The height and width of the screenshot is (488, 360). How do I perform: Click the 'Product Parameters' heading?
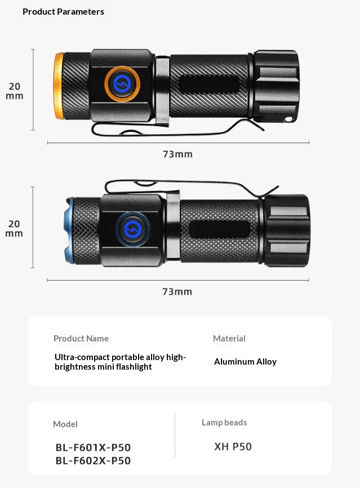pyautogui.click(x=63, y=12)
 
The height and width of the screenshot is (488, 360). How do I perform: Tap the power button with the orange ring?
pyautogui.click(x=122, y=84)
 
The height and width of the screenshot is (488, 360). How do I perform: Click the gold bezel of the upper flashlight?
pyautogui.click(x=59, y=86)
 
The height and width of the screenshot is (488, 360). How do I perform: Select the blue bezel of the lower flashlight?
pyautogui.click(x=69, y=230)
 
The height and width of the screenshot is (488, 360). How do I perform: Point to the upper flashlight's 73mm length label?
pyautogui.click(x=177, y=154)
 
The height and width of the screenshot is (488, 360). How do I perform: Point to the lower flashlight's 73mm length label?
pyautogui.click(x=177, y=292)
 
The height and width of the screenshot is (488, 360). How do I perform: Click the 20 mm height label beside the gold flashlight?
pyautogui.click(x=15, y=91)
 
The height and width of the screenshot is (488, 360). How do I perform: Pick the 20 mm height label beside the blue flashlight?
pyautogui.click(x=14, y=228)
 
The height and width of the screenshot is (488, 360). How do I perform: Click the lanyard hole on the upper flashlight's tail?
pyautogui.click(x=289, y=119)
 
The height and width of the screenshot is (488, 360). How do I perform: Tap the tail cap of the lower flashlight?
pyautogui.click(x=287, y=230)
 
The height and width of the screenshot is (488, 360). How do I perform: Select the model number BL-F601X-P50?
pyautogui.click(x=93, y=447)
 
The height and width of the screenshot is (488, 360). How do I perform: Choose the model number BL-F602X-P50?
pyautogui.click(x=93, y=460)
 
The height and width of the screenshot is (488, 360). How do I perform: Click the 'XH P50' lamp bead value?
pyautogui.click(x=233, y=447)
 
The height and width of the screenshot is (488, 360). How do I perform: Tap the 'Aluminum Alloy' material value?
pyautogui.click(x=245, y=362)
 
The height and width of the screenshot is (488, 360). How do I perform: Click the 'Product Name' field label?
pyautogui.click(x=81, y=338)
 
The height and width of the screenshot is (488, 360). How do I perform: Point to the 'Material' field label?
pyautogui.click(x=229, y=338)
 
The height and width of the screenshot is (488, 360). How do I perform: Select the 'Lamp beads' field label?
pyautogui.click(x=224, y=422)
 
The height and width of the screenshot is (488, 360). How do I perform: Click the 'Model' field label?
pyautogui.click(x=65, y=424)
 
